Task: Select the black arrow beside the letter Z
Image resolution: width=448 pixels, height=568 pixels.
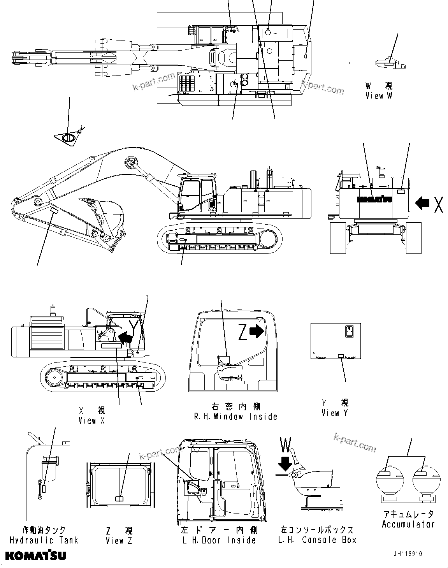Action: (x=257, y=331)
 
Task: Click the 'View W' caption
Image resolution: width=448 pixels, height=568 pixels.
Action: (x=379, y=96)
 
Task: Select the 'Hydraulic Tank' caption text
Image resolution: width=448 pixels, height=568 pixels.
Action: (x=44, y=540)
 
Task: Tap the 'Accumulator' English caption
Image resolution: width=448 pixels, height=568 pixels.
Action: (x=408, y=524)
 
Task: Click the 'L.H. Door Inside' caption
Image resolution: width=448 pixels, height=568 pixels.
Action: (x=218, y=540)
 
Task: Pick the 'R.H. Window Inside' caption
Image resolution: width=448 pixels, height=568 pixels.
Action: (x=235, y=417)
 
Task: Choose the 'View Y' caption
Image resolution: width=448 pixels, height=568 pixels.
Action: (x=335, y=413)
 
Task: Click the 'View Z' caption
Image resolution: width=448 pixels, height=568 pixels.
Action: (x=119, y=540)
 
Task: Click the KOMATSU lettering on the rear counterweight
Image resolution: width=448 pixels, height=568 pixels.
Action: (x=374, y=199)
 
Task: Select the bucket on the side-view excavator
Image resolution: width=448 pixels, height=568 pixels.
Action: (x=109, y=214)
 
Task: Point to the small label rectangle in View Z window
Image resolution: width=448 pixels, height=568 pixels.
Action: (x=119, y=499)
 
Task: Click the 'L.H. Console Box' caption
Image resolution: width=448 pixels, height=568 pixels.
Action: (x=317, y=540)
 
